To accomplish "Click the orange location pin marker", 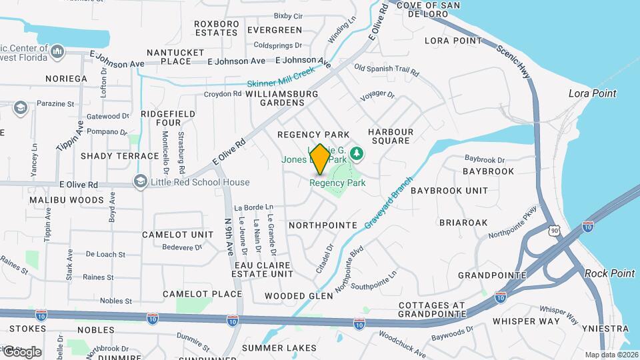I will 319,159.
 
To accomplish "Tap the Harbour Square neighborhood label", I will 391,136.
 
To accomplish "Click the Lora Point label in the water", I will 592,93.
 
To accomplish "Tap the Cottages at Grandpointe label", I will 431,309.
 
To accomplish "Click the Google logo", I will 22,351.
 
